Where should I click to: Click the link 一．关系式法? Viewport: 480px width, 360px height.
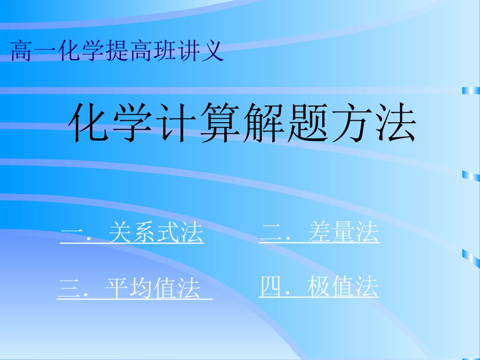[x=132, y=234]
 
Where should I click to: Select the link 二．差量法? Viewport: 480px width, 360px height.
[x=319, y=233]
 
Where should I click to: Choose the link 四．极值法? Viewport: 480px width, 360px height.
[x=318, y=288]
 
